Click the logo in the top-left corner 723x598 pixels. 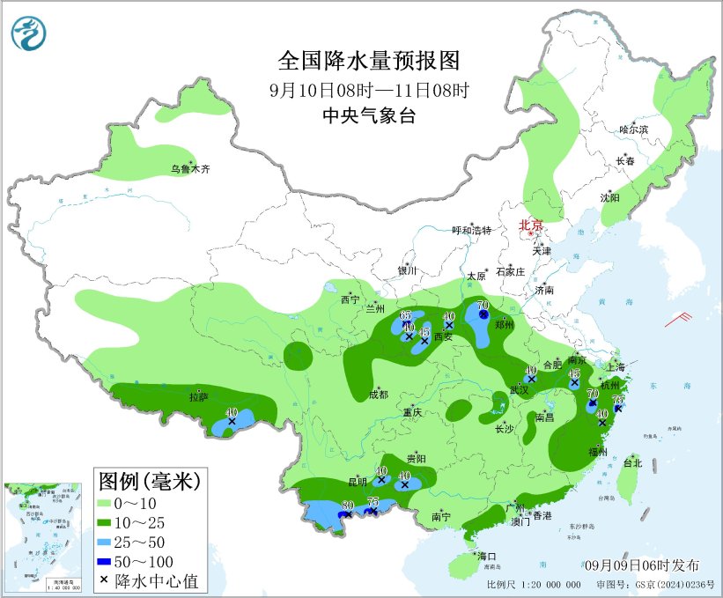pos(28,34)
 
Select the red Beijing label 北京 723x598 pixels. pos(532,225)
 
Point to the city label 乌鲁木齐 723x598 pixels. pos(190,169)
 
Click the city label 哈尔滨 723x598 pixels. pos(632,129)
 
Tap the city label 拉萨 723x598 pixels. pos(198,397)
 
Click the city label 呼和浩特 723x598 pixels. pos(471,231)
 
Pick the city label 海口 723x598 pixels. pos(488,557)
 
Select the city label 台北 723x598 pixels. pos(632,462)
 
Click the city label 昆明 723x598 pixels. pos(358,483)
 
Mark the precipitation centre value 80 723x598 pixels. pos(347,506)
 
